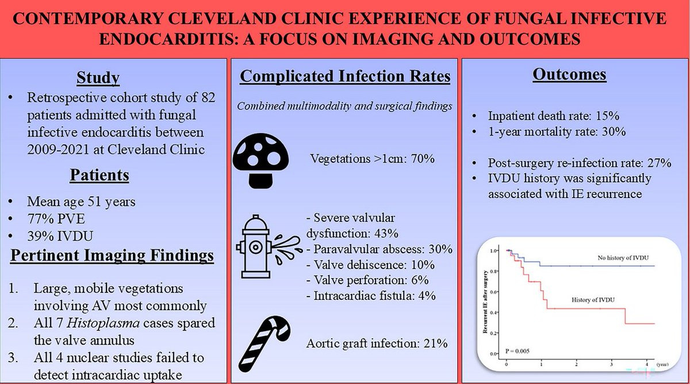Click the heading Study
point(98,78)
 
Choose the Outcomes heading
point(569,74)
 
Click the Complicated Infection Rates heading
point(345,77)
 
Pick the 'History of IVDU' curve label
point(596,301)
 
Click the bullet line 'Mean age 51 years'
point(82,202)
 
